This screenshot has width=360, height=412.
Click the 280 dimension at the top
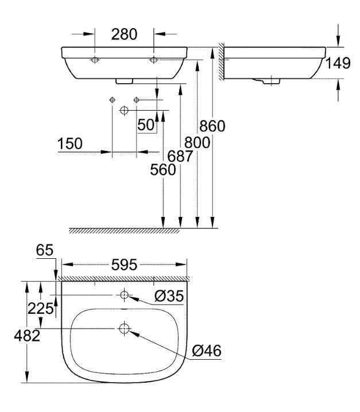tap(124, 34)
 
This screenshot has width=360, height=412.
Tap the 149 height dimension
tap(338, 63)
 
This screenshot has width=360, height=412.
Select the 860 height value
tap(212, 126)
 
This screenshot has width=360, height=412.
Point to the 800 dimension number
tap(197, 143)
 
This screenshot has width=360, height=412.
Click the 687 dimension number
tap(180, 156)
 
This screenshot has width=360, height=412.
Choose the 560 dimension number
tap(163, 169)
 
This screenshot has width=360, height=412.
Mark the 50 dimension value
tap(146, 125)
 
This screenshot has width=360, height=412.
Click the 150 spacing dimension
tap(70, 143)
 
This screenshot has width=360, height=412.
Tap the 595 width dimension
tap(124, 265)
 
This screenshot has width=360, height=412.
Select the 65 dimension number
tap(45, 250)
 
